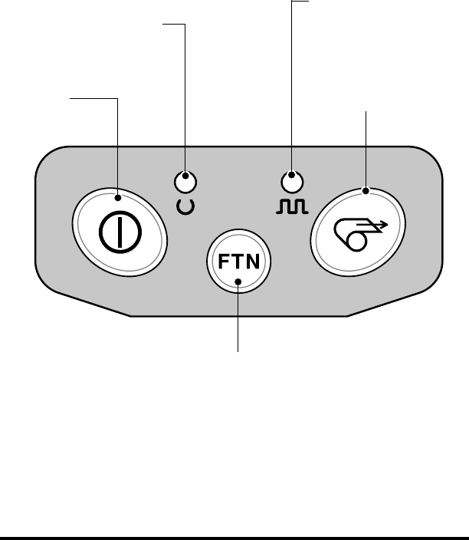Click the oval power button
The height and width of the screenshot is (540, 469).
[119, 228]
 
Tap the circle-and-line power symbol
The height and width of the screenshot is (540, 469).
[119, 229]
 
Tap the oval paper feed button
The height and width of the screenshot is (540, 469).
[357, 228]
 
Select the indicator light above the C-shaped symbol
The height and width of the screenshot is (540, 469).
[185, 183]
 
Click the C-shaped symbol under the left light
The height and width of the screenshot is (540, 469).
[185, 206]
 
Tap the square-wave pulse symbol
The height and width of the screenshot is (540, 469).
[291, 206]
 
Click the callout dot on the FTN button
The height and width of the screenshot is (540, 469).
[238, 282]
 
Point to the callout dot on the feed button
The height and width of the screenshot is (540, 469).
[366, 189]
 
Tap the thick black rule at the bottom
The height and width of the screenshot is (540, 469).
[235, 537]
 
